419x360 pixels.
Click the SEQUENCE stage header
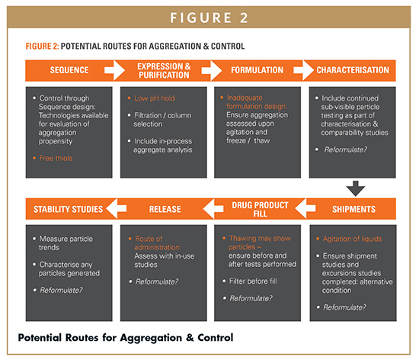pyautogui.click(x=69, y=70)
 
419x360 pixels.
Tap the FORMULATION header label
pyautogui.click(x=257, y=70)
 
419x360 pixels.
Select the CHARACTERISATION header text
pyautogui.click(x=353, y=70)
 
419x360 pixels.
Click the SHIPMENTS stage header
pyautogui.click(x=353, y=209)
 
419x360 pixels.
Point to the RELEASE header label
pyautogui.click(x=165, y=209)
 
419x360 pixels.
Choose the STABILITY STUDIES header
pyautogui.click(x=68, y=209)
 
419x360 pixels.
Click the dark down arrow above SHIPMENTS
pyautogui.click(x=356, y=188)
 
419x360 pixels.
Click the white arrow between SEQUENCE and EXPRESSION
pyautogui.click(x=114, y=70)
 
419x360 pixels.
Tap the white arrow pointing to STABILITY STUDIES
pyautogui.click(x=117, y=209)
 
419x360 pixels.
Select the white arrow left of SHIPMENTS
pyautogui.click(x=305, y=209)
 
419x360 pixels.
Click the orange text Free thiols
pyautogui.click(x=56, y=158)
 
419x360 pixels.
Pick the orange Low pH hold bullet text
pyautogui.click(x=155, y=98)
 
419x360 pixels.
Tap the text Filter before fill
pyautogui.click(x=253, y=281)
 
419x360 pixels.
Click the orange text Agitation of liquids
pyautogui.click(x=352, y=239)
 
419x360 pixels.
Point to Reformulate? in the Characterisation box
pyautogui.click(x=346, y=149)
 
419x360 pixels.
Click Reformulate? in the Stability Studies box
pyautogui.click(x=61, y=290)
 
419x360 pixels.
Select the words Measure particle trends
pyautogui.click(x=66, y=243)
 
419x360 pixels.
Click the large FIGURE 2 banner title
pyautogui.click(x=209, y=18)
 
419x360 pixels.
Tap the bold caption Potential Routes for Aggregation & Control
pyautogui.click(x=126, y=338)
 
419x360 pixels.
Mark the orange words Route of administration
pyautogui.click(x=158, y=243)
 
